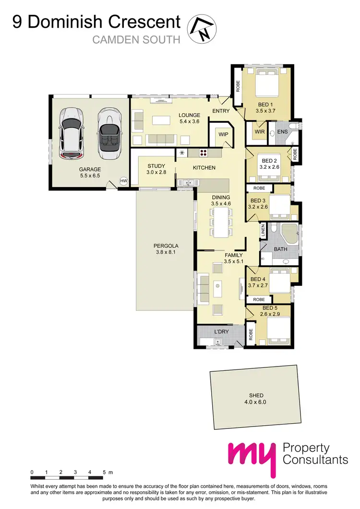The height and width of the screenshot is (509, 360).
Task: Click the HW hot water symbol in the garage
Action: pos(123,181)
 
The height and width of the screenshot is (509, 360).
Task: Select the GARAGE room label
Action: pos(90,169)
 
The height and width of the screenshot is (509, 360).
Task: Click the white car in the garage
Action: pos(70,132)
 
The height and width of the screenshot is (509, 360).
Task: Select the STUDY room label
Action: pos(156,166)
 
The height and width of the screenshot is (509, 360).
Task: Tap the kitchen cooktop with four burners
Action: pos(203,153)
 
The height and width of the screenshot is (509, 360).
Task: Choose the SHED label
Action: pos(253,396)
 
